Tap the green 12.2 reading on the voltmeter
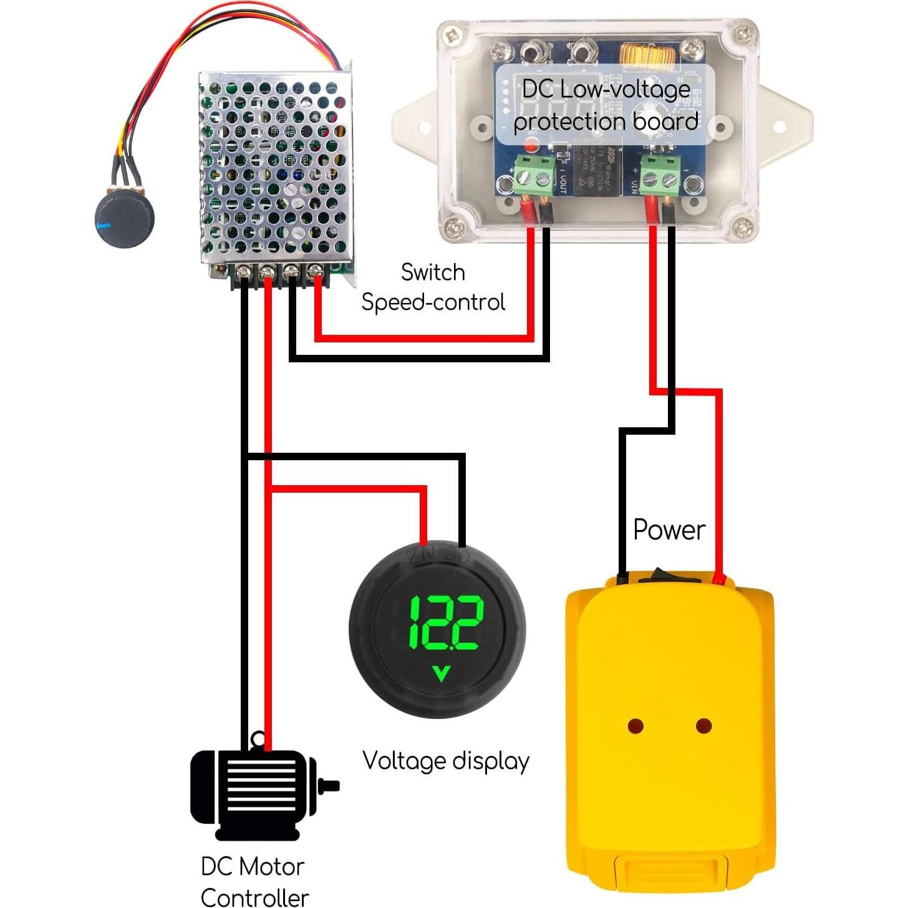pyautogui.click(x=445, y=622)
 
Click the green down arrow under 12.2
pyautogui.click(x=442, y=673)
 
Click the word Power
pyautogui.click(x=669, y=530)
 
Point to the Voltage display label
pyautogui.click(x=445, y=761)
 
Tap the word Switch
pyautogui.click(x=432, y=273)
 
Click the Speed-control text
pyautogui.click(x=433, y=302)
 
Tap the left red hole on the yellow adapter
pyautogui.click(x=635, y=726)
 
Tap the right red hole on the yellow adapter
pyautogui.click(x=703, y=726)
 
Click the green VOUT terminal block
pyautogui.click(x=535, y=175)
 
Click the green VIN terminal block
pyautogui.click(x=660, y=175)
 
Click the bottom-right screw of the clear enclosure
pyautogui.click(x=740, y=226)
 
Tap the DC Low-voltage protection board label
pyautogui.click(x=605, y=106)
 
